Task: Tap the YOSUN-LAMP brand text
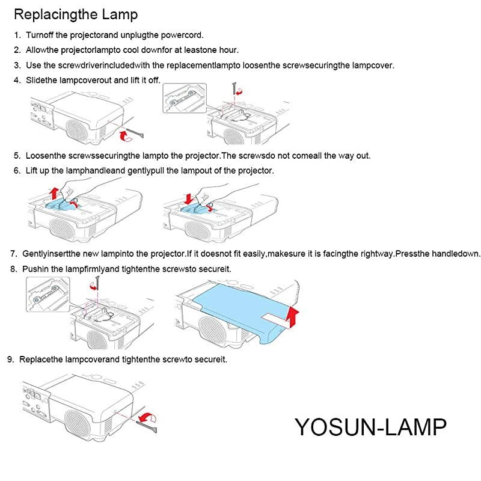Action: click(370, 427)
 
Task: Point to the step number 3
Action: click(17, 66)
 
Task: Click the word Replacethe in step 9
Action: click(41, 360)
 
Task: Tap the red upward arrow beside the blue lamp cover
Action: click(293, 316)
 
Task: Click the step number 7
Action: click(14, 254)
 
